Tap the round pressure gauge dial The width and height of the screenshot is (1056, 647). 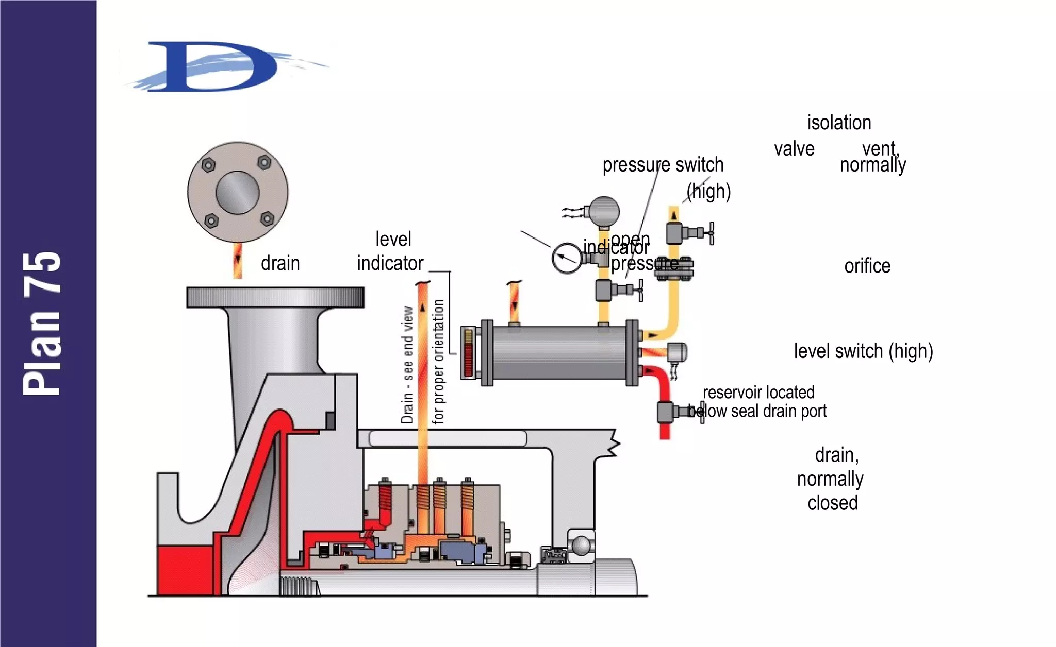pos(567,258)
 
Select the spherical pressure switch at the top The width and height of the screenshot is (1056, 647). pos(604,211)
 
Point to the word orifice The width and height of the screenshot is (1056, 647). pos(867,266)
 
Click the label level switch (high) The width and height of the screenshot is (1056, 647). pos(863,351)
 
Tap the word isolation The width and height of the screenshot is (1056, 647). pos(839,123)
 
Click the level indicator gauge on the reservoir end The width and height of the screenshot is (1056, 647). pos(468,353)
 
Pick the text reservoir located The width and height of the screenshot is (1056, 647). pos(758,393)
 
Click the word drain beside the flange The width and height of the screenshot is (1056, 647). pos(280,263)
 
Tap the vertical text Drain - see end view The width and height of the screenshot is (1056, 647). pos(407,365)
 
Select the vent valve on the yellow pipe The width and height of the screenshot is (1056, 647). pos(681,233)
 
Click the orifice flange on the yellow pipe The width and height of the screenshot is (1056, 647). pos(674,267)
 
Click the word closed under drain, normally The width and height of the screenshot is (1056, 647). pos(832,503)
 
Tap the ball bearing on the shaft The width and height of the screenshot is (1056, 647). pos(581,545)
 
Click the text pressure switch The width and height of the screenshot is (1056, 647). pos(663,165)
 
